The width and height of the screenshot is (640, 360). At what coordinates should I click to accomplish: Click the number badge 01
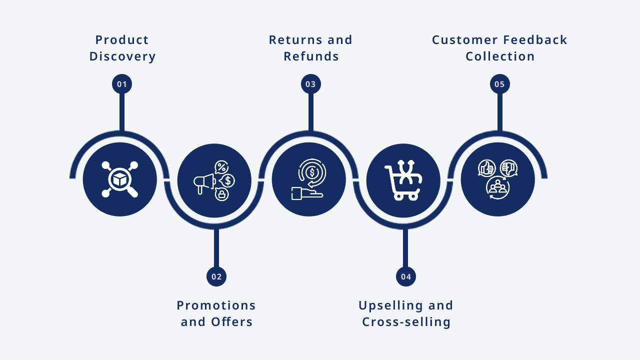coord(122,84)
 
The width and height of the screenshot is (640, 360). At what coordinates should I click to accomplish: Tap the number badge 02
coord(216,276)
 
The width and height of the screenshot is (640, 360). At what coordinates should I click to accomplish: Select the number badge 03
coord(311,84)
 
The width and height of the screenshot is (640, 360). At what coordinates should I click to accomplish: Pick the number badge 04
coord(405,276)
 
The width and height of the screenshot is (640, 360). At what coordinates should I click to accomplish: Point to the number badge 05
coord(499,84)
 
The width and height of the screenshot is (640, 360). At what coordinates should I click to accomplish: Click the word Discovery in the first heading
coord(122,56)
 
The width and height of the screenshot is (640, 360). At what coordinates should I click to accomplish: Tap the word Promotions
coord(216,305)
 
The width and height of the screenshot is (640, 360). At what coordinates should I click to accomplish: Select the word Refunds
coord(311,56)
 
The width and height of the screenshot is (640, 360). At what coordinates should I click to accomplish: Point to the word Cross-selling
coord(406,322)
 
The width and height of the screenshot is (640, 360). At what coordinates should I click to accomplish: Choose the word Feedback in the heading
coord(535,39)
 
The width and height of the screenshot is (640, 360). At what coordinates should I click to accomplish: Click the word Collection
coord(500,56)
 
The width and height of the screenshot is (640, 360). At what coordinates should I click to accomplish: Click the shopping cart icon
coord(403,180)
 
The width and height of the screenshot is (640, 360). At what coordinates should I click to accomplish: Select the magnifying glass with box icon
coord(120,179)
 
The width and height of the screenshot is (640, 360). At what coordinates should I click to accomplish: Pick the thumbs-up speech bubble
coord(486,168)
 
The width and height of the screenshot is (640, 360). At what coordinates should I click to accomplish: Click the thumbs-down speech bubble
coord(509,168)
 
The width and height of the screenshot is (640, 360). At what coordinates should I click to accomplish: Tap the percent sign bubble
coord(221,167)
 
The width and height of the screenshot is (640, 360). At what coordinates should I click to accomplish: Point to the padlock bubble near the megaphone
coord(221,194)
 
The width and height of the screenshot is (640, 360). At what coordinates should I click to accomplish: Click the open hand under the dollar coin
coord(307,193)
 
